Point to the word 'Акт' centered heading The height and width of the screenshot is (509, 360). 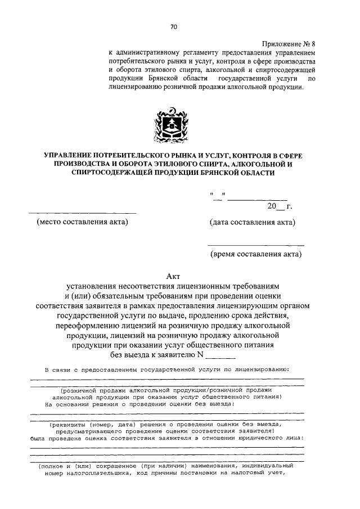(x=173, y=276)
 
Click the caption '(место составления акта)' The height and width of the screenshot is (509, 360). (x=82, y=222)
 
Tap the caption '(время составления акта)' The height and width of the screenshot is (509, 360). (x=256, y=254)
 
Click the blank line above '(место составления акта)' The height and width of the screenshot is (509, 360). (x=82, y=213)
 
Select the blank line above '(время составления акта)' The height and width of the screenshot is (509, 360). (x=256, y=245)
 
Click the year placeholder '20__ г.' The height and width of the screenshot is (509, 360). (x=280, y=206)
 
